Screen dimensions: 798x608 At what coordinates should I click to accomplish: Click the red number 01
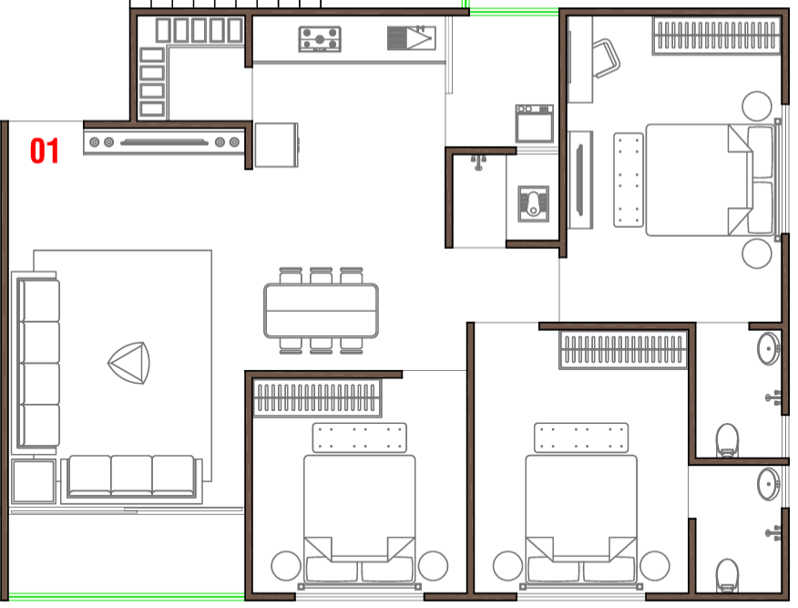click(x=45, y=150)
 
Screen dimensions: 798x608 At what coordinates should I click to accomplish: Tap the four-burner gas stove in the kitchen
click(x=320, y=39)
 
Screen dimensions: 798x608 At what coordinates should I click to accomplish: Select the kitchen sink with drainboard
click(x=411, y=37)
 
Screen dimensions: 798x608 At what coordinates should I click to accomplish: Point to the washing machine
click(x=535, y=124)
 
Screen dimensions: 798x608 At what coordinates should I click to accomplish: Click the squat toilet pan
click(x=533, y=203)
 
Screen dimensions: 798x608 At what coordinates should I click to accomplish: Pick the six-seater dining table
click(x=321, y=311)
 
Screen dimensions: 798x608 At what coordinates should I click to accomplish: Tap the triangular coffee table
click(x=129, y=363)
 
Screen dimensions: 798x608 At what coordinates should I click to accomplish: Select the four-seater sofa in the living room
click(x=37, y=363)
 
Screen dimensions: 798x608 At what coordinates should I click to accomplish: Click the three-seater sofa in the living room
click(x=131, y=477)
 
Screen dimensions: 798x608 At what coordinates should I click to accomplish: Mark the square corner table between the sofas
click(x=34, y=481)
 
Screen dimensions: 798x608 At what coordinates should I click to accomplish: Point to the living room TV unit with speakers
click(x=164, y=142)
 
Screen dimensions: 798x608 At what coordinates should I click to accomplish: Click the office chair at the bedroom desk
click(x=606, y=58)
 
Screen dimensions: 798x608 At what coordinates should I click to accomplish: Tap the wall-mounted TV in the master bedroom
click(x=579, y=180)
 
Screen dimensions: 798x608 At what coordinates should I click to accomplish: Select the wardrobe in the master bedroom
click(x=717, y=36)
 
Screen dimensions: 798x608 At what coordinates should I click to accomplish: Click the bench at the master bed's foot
click(x=629, y=180)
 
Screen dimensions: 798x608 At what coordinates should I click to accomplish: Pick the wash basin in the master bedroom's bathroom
click(x=769, y=348)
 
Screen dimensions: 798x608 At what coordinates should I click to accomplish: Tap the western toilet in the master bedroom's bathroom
click(x=727, y=441)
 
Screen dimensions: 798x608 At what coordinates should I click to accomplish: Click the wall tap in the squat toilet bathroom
click(x=478, y=162)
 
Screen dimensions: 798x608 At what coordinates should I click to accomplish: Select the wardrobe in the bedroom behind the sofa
click(x=317, y=397)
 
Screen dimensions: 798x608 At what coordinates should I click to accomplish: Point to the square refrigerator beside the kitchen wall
click(x=276, y=145)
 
